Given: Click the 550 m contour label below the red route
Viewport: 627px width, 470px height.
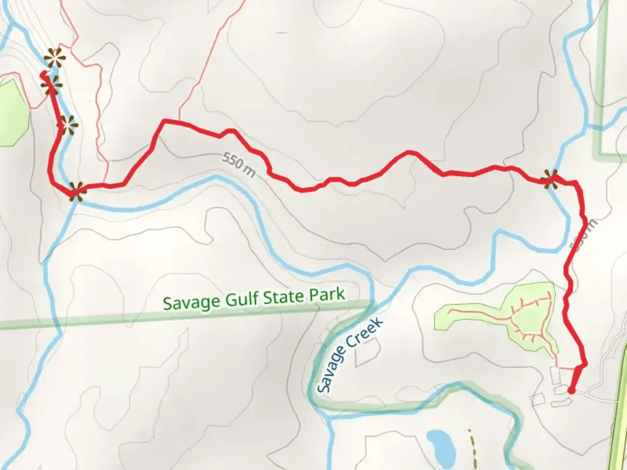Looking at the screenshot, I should pos(238,164).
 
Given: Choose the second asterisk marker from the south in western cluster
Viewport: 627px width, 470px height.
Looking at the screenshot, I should pos(68,125).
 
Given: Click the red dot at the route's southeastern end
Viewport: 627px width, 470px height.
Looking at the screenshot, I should pos(571,391).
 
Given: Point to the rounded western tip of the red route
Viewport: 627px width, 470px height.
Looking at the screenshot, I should pos(43,75).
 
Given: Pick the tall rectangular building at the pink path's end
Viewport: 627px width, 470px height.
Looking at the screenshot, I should pos(555,375).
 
